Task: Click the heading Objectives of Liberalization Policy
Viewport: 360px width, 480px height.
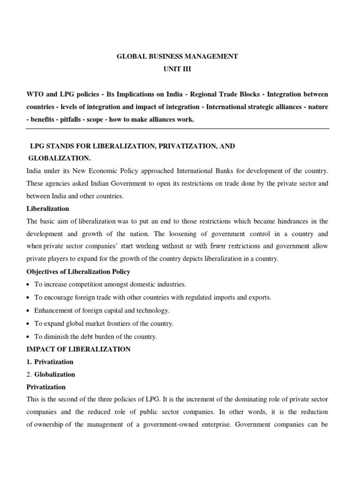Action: tap(78, 272)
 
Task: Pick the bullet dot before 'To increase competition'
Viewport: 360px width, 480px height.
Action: tap(29, 285)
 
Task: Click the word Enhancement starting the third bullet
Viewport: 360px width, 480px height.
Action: tap(54, 310)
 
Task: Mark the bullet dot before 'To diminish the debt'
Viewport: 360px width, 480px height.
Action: tap(29, 337)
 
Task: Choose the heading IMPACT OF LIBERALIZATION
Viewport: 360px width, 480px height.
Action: tap(78, 349)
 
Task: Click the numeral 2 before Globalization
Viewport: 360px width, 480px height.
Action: tap(28, 375)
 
